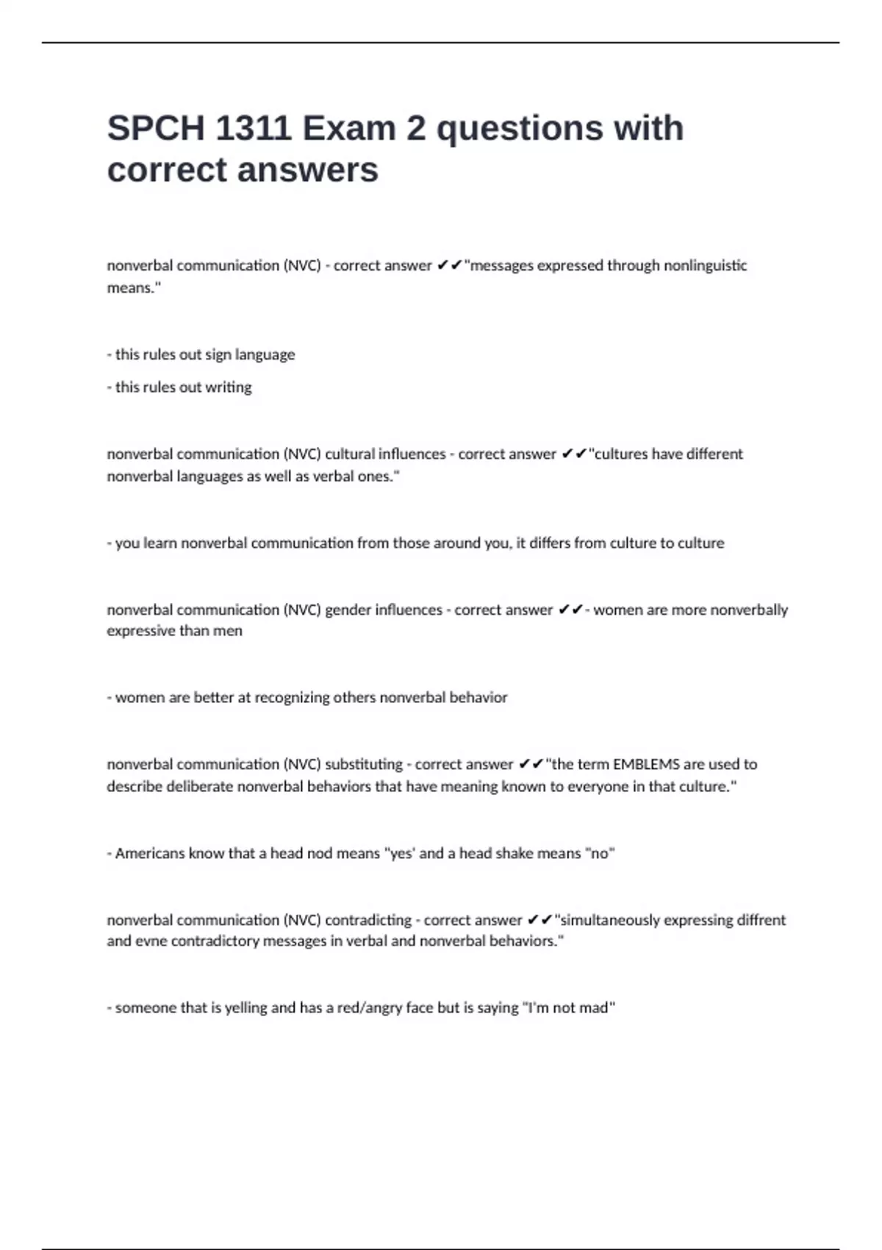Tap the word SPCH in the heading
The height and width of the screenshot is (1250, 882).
(156, 128)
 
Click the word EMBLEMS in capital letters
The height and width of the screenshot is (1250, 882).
(647, 764)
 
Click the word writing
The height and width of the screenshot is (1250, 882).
(228, 387)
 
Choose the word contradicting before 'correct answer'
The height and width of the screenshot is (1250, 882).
(367, 920)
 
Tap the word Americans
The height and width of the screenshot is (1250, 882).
(150, 853)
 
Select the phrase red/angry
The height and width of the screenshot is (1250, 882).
(370, 1007)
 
